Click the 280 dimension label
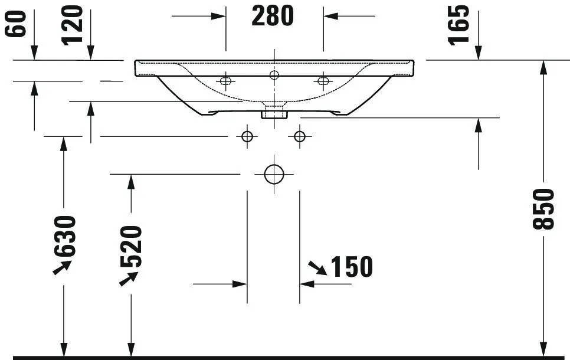[273, 16]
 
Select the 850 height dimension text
[543, 209]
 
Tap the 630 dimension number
[65, 237]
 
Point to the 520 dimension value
[131, 247]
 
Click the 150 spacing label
[352, 267]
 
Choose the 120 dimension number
[73, 25]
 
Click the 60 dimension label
[15, 24]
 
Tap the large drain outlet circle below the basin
[274, 174]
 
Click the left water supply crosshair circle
[247, 137]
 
